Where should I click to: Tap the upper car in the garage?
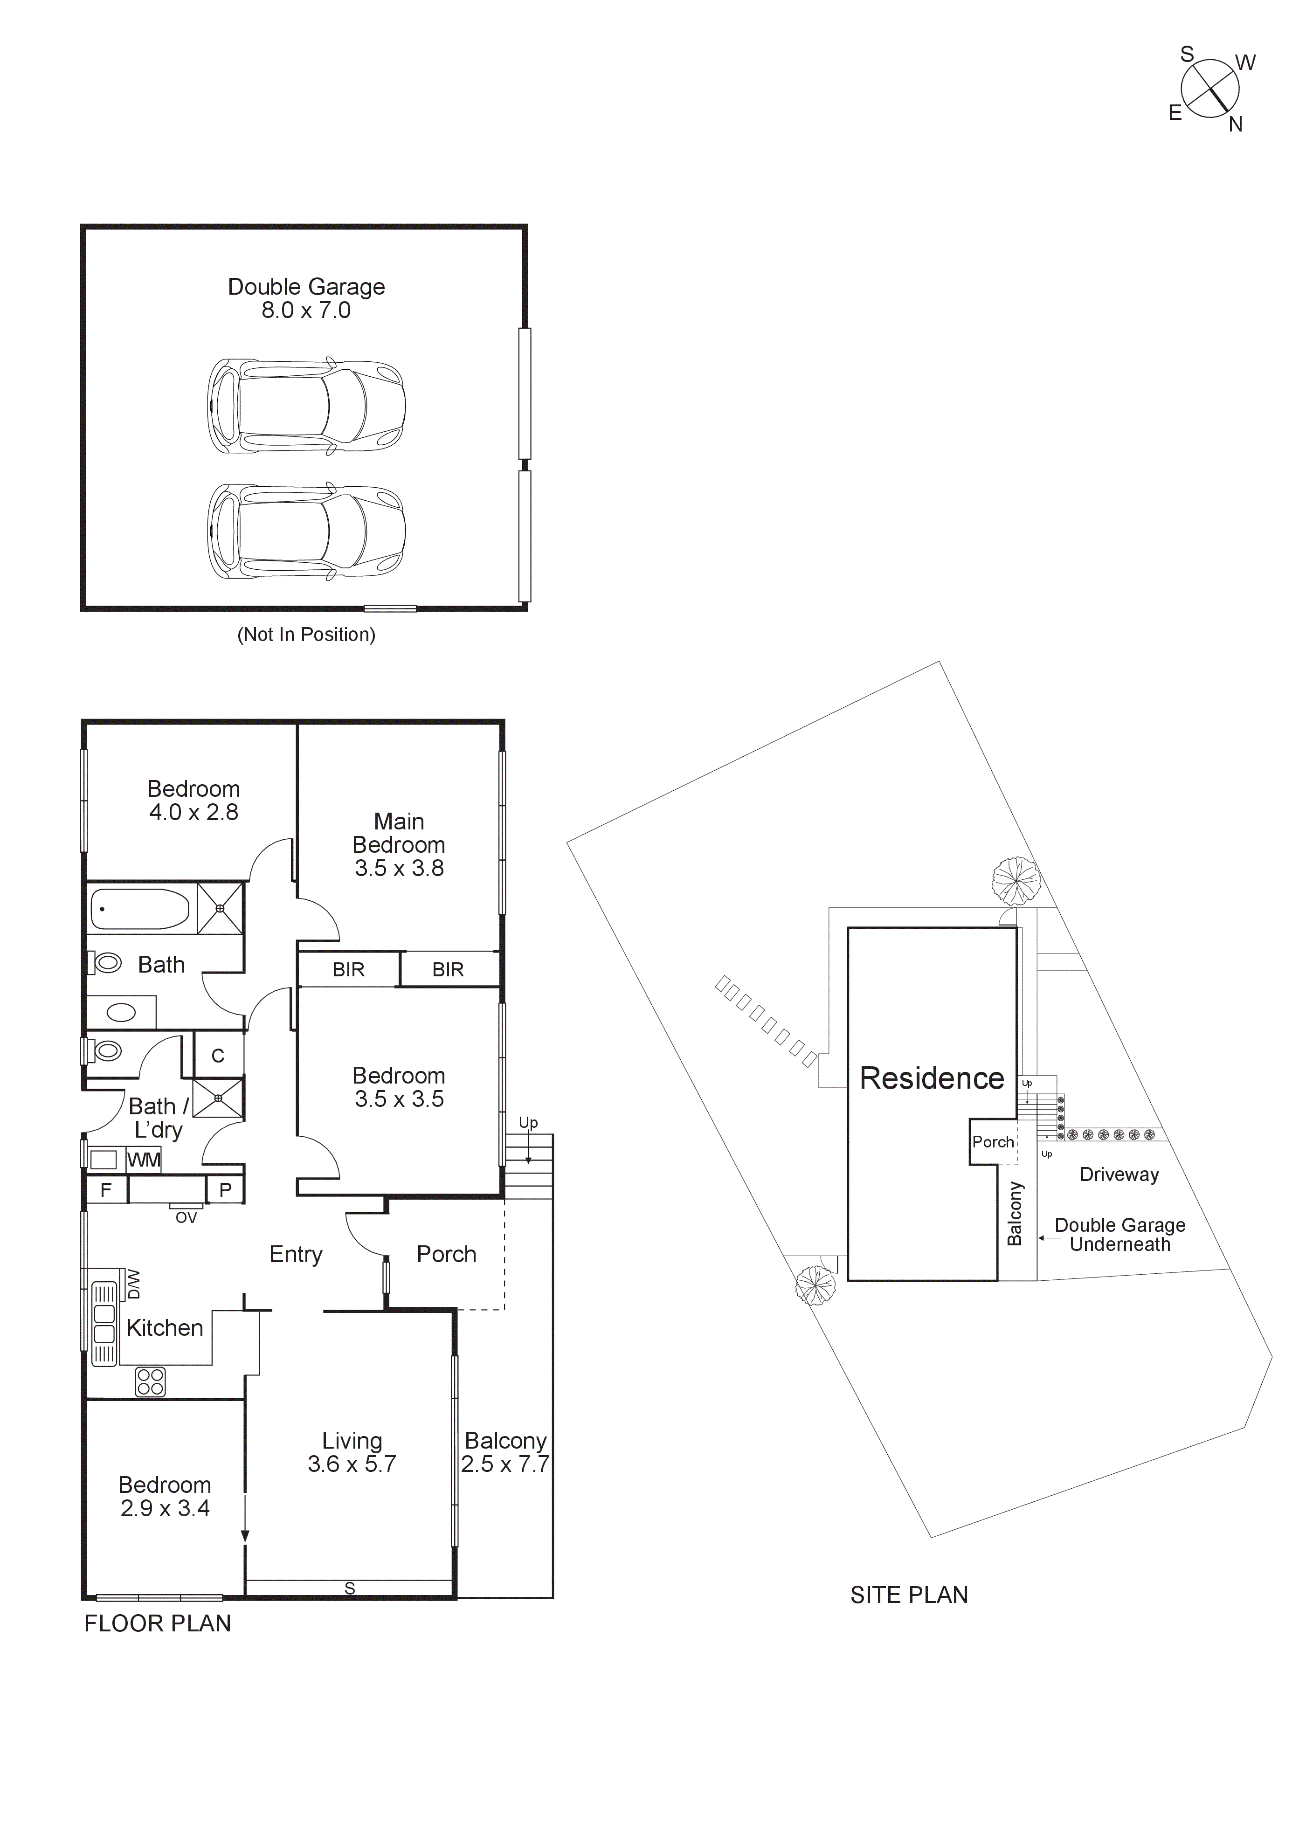306,406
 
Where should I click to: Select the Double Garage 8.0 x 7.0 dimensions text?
306,311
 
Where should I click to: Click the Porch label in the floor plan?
446,1255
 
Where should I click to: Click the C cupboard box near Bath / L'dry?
218,1056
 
